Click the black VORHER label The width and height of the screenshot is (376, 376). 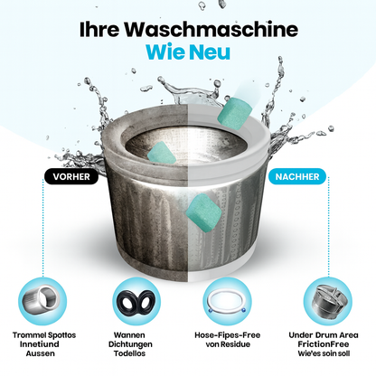tap(71, 177)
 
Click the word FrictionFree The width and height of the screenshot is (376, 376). tap(326, 344)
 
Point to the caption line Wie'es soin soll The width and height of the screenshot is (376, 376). tap(326, 354)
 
